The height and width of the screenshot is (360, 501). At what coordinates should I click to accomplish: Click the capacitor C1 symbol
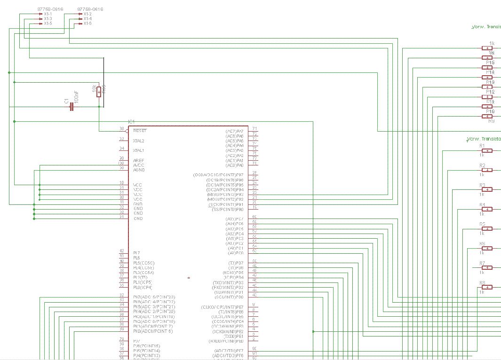coord(72,107)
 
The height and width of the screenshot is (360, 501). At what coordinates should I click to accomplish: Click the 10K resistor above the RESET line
coord(98,91)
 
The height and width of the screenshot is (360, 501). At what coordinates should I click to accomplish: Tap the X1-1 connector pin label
coord(48,14)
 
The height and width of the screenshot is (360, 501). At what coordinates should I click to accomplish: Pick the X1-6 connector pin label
coord(87,23)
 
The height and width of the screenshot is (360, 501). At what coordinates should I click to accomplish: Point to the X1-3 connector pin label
coord(48,19)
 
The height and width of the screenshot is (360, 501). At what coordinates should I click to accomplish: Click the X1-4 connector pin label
coord(87,19)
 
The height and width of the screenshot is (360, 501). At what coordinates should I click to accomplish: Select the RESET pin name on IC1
coord(140,131)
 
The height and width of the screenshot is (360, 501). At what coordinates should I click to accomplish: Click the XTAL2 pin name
coord(139,141)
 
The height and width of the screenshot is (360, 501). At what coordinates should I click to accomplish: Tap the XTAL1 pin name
coord(139,150)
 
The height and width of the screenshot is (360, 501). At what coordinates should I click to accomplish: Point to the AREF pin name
coord(138,160)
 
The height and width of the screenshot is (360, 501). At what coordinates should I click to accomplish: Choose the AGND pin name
coord(138,170)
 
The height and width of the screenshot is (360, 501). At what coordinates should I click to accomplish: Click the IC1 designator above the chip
coord(131,121)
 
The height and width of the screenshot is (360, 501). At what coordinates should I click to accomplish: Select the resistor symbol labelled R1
coord(487,151)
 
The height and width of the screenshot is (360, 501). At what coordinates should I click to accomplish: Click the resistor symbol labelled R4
coord(487,209)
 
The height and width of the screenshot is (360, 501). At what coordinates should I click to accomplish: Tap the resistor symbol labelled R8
coord(487,287)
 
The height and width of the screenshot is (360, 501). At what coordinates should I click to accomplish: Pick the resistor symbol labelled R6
coord(487,248)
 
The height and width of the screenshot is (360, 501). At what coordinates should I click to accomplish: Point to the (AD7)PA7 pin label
coord(234,131)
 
